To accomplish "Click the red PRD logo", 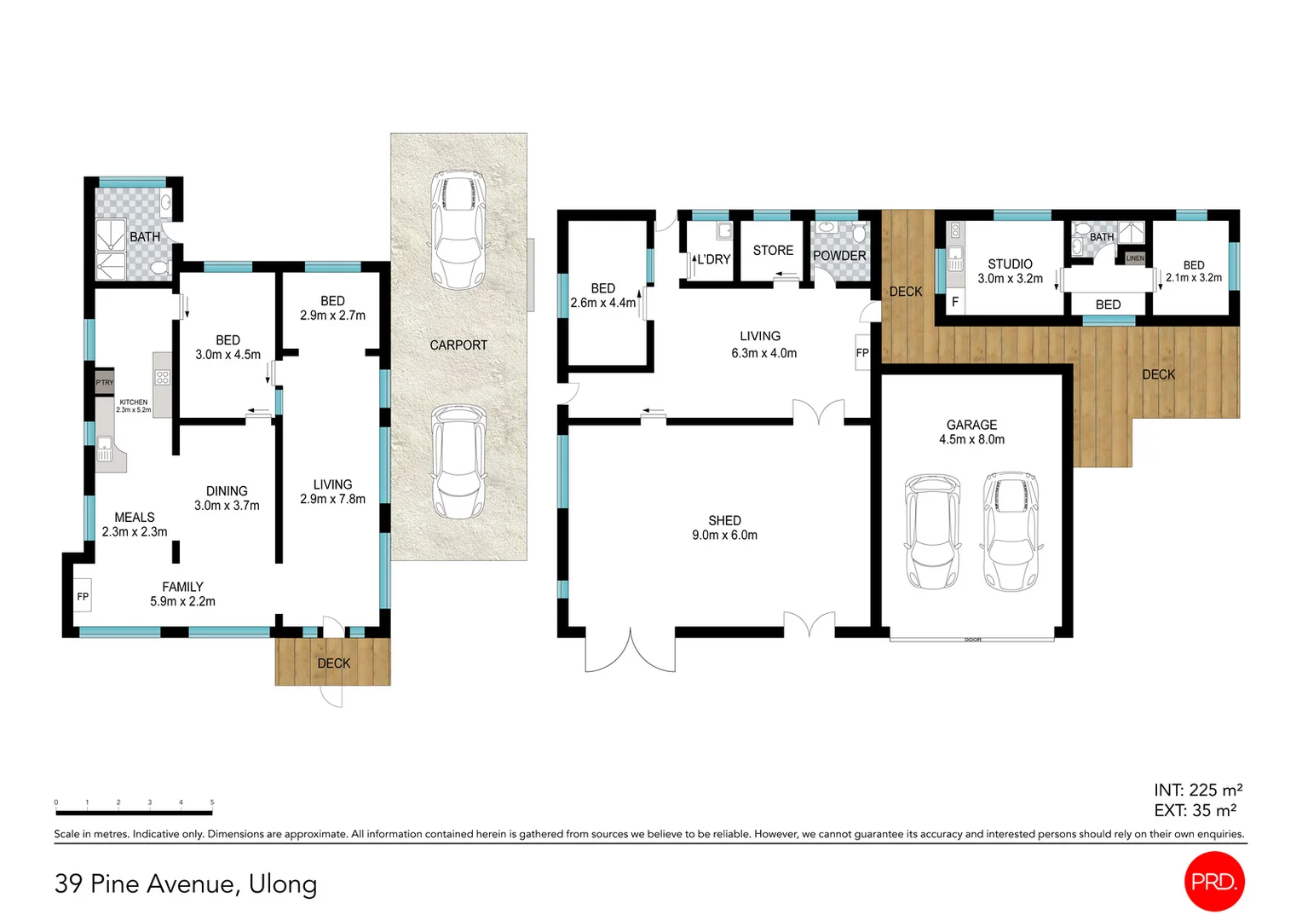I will click(x=1214, y=881).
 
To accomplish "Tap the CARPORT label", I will click(x=458, y=345).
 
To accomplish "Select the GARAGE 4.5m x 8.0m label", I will click(x=971, y=432).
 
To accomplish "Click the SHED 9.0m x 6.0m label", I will click(x=724, y=527).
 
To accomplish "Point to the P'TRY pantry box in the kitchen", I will click(x=104, y=382).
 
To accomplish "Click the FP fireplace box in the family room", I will click(x=83, y=596).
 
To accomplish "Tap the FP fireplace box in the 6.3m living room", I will click(x=862, y=352).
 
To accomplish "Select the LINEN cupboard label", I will click(x=1135, y=258).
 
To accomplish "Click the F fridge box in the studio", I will click(x=955, y=302).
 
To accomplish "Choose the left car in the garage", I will click(x=933, y=531).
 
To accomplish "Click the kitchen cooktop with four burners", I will click(x=162, y=378).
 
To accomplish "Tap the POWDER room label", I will click(x=839, y=256).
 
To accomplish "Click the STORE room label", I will click(x=773, y=250).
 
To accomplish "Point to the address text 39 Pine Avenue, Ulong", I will click(x=186, y=883).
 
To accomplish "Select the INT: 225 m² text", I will click(x=1197, y=790).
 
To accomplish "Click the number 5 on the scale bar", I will click(x=211, y=802).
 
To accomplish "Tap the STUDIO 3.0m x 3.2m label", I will click(x=1010, y=271).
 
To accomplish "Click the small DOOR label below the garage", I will click(x=973, y=639).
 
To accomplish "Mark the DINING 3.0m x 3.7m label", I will click(x=227, y=498).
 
